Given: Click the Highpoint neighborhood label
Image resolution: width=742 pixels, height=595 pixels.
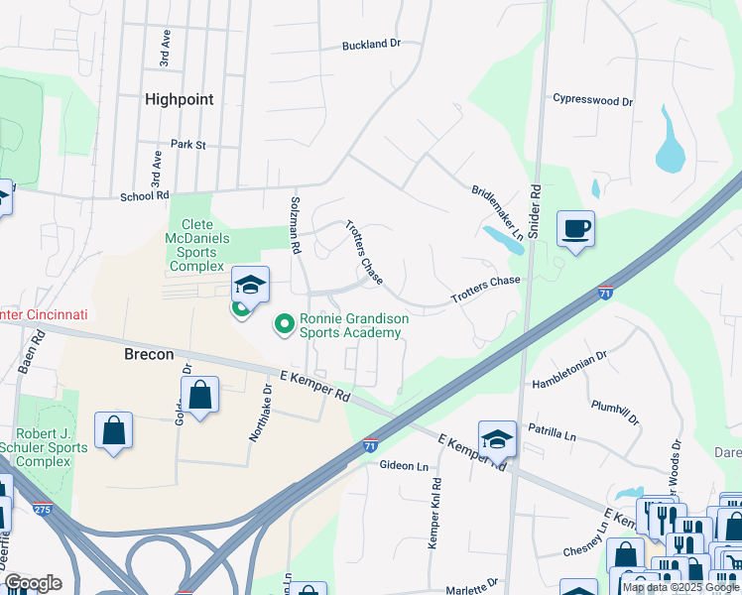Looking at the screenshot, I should tap(179, 99).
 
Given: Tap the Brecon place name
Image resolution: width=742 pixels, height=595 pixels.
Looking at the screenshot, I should tap(149, 354).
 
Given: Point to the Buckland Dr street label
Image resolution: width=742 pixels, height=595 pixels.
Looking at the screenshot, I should tap(371, 45).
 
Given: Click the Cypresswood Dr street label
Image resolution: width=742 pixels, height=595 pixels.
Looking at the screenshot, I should tap(592, 101).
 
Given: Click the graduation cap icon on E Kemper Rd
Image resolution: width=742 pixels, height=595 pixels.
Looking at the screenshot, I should tap(497, 438).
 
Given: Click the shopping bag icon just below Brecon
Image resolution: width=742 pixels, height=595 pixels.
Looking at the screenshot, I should tap(199, 395).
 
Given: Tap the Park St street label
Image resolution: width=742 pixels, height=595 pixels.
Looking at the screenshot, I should tap(187, 145).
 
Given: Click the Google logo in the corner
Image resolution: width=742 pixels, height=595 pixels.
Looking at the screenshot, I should tap(33, 582).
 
